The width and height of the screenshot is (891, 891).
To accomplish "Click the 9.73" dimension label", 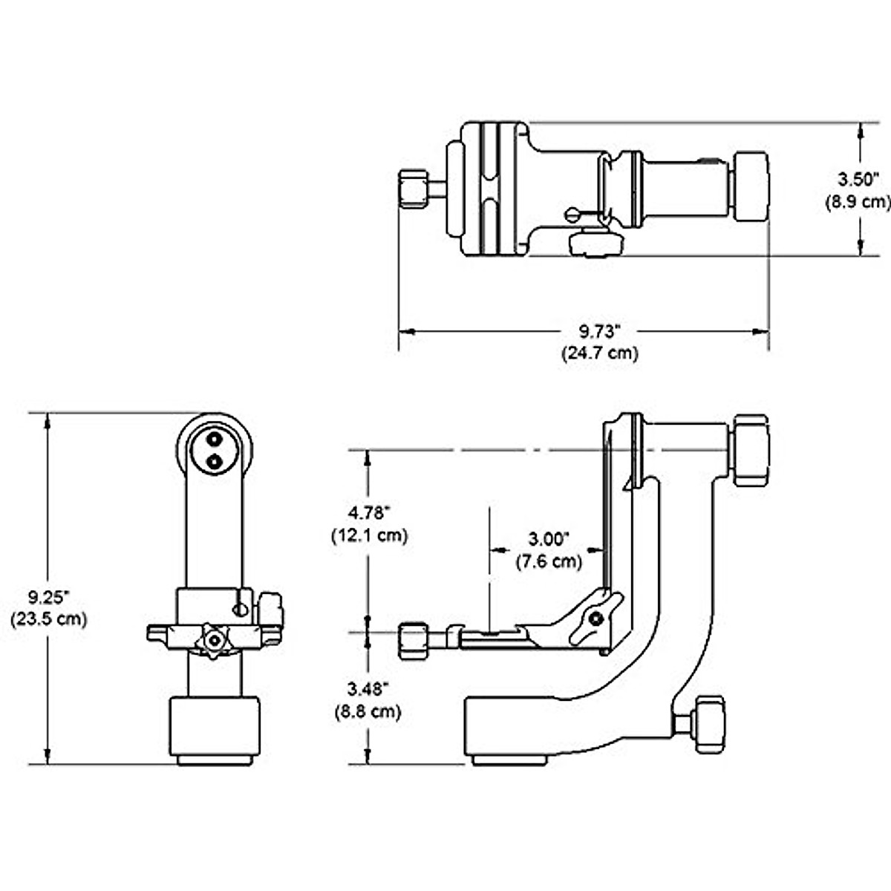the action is (x=598, y=331).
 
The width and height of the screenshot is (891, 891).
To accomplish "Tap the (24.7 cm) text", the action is (x=600, y=353).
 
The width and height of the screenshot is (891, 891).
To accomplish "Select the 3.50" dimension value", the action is (x=858, y=180).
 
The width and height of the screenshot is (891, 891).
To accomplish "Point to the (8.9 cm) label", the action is (x=858, y=202).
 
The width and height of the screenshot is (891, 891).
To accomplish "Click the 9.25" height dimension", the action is (x=48, y=598).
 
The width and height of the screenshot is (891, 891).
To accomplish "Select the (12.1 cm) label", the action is (x=370, y=535).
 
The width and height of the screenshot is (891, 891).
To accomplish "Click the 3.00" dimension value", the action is (x=549, y=539).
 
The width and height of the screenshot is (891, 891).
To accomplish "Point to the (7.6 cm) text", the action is (x=549, y=561).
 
